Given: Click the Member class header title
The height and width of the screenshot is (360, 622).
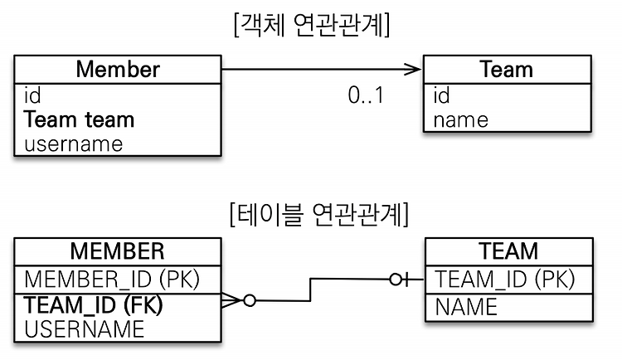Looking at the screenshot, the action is pos(118,70).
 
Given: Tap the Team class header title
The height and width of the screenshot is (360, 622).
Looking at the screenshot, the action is pos(506,70).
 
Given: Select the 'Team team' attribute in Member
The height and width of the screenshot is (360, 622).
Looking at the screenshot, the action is pos(79,119).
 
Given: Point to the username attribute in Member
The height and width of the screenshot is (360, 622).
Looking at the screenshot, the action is pos(73,144).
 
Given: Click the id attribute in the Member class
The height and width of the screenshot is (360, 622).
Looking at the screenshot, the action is pos(32,95).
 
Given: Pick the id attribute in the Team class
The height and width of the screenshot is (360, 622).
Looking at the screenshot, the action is pos(441,95).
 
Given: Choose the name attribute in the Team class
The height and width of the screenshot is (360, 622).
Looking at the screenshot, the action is pos(460,120).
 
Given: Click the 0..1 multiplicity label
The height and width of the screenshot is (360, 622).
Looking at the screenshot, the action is pos(366,95).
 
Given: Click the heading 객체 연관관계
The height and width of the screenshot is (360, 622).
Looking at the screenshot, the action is pos(312,25).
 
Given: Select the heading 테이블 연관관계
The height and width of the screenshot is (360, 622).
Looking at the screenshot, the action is pos(319,214).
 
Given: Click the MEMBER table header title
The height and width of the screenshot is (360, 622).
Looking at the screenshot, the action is pos(118,251).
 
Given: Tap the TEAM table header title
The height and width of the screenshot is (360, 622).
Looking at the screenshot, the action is pos(508,251).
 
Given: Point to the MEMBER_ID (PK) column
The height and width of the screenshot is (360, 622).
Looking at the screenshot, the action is pos(112,279).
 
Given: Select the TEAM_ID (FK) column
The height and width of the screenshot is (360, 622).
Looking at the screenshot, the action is pos(93,304).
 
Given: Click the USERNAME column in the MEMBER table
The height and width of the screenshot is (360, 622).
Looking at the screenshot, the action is pos(84,329).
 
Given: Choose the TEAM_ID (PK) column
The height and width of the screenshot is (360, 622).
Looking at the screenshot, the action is pos(504,279).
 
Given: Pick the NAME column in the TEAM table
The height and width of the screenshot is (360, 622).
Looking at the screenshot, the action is pos(466,307).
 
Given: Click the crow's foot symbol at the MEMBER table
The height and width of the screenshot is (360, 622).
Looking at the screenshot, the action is pos(231,300).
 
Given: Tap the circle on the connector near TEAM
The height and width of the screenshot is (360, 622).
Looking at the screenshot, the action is pos(396,280).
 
